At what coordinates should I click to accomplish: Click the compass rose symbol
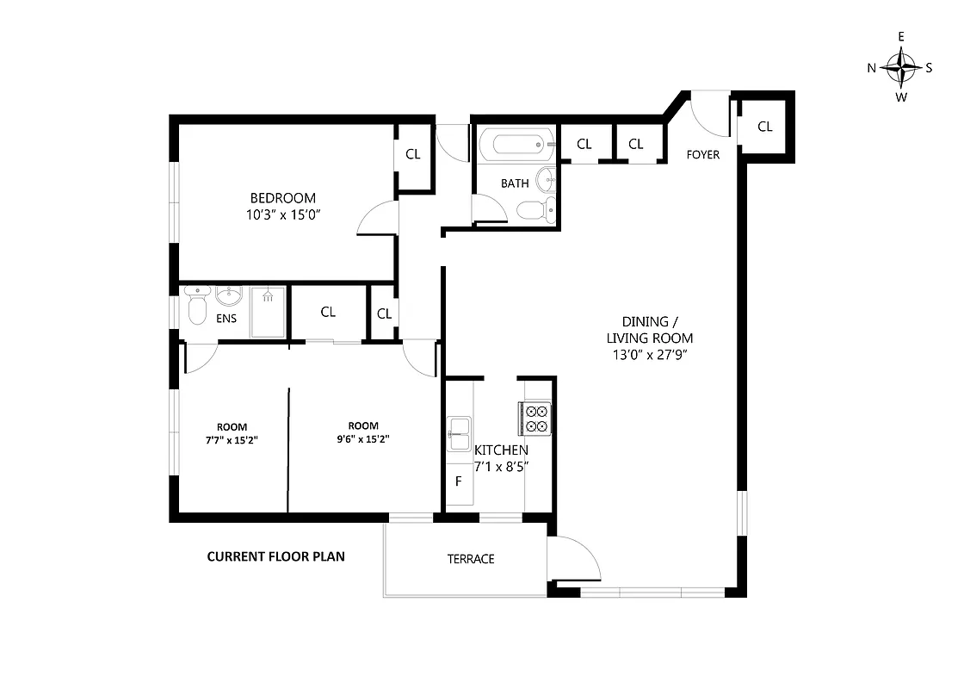(x=901, y=67)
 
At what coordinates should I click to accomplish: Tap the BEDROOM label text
(x=283, y=197)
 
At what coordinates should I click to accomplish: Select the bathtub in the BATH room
(x=514, y=145)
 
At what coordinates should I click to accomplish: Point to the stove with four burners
(x=537, y=418)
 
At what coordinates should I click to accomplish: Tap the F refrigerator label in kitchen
(x=458, y=481)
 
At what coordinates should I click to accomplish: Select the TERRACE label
(x=471, y=559)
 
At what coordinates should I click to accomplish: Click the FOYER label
(x=702, y=155)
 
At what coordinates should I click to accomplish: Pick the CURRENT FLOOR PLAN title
(x=275, y=556)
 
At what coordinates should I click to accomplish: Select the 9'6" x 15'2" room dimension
(x=363, y=438)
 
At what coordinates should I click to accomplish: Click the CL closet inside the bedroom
(x=413, y=154)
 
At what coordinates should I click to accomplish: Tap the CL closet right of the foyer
(x=765, y=127)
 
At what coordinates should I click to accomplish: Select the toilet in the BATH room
(x=532, y=209)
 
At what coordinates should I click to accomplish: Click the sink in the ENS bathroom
(x=229, y=298)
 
